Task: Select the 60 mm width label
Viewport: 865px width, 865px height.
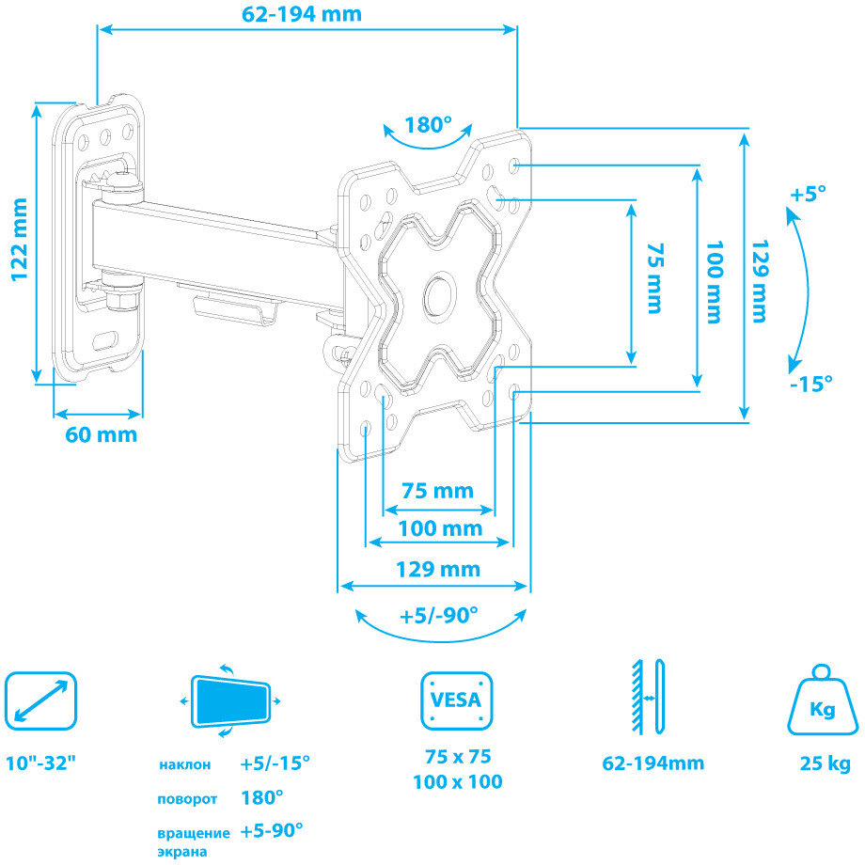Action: [x=101, y=434]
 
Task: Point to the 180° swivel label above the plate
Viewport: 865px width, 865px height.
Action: [x=428, y=125]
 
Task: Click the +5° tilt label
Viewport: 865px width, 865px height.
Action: [x=808, y=195]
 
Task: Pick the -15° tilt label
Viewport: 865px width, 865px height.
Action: [x=811, y=384]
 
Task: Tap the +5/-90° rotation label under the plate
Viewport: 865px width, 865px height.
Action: [x=438, y=616]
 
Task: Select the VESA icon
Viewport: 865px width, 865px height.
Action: [x=456, y=700]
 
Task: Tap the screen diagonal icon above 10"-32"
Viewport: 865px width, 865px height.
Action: [x=40, y=701]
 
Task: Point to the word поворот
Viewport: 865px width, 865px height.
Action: [x=187, y=799]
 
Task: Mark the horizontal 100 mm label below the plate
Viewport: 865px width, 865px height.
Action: [x=438, y=528]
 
